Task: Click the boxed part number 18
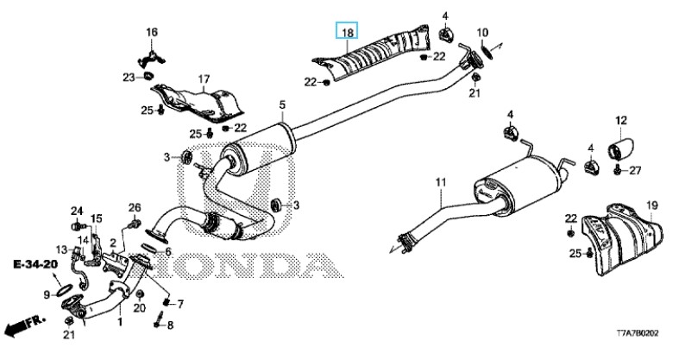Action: [347, 34]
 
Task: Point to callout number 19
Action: [651, 205]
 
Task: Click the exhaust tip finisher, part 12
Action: [620, 148]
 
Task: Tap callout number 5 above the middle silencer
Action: [281, 105]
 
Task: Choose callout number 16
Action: [152, 33]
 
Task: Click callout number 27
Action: [636, 170]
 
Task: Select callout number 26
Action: [135, 207]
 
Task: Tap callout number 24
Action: [76, 212]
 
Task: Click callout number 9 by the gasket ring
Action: [48, 294]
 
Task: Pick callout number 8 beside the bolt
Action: [170, 325]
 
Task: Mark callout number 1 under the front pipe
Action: [119, 323]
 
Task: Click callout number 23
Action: [127, 78]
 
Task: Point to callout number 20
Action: [140, 307]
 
